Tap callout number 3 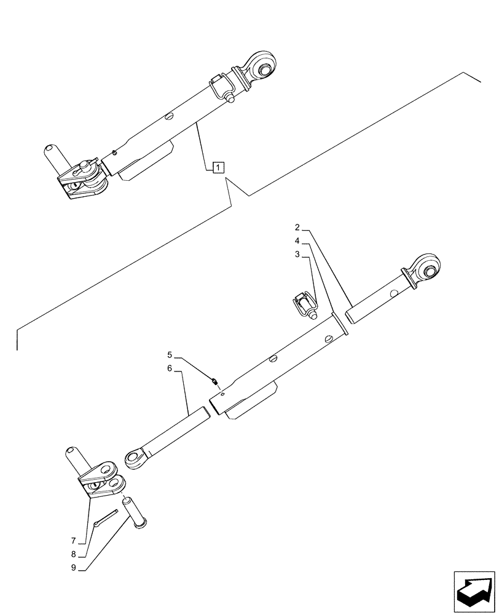pyautogui.click(x=297, y=253)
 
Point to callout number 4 pyautogui.click(x=297, y=241)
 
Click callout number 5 pyautogui.click(x=170, y=355)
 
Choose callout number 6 pyautogui.click(x=170, y=370)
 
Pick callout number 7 pyautogui.click(x=73, y=541)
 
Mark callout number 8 pyautogui.click(x=73, y=555)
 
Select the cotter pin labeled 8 pyautogui.click(x=108, y=517)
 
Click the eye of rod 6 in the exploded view pyautogui.click(x=135, y=458)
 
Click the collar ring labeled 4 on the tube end pyautogui.click(x=339, y=324)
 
